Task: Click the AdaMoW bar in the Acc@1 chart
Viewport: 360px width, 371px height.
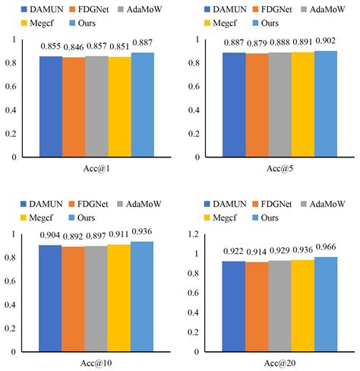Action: [x=96, y=106]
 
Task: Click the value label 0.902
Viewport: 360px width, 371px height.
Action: [x=326, y=43]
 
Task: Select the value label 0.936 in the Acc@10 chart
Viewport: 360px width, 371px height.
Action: [x=142, y=231]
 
